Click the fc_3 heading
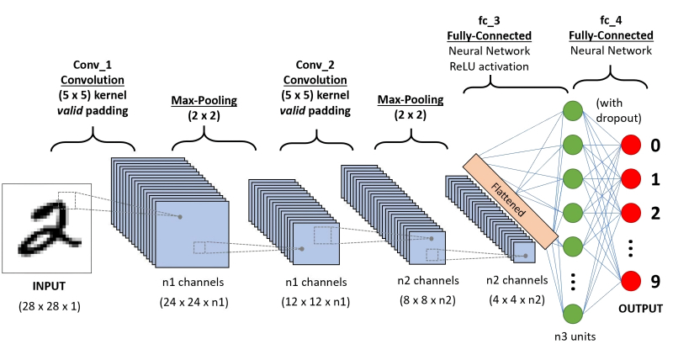coord(490,20)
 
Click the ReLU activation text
coord(490,66)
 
